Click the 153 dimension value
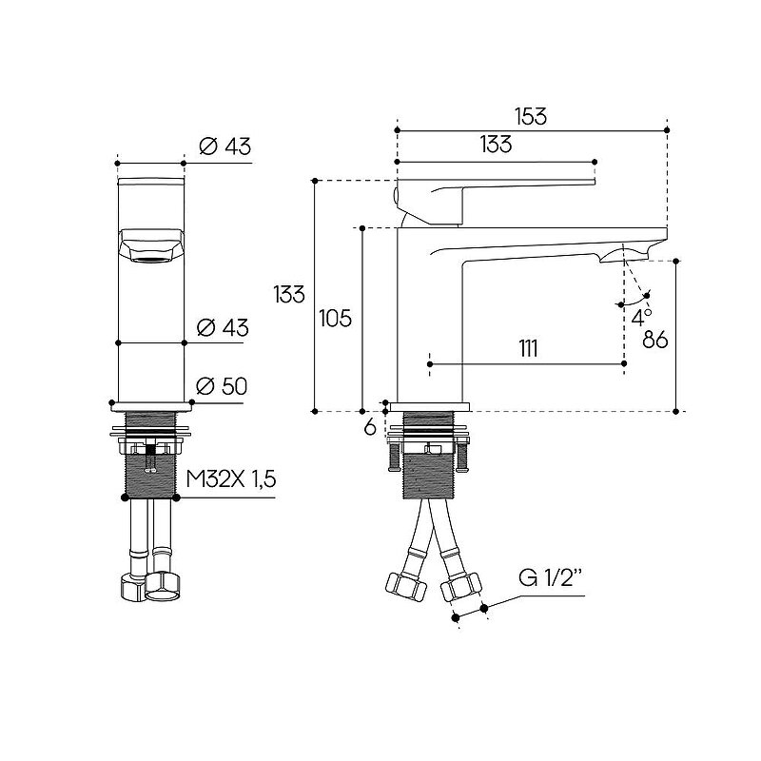point(531,116)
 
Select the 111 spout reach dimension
point(528,348)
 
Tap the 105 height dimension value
point(336,319)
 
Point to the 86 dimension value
point(655,340)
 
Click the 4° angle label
point(641,318)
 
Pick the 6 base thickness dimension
point(370,427)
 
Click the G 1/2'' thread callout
point(551,577)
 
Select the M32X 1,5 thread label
point(231,479)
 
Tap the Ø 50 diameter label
point(222,386)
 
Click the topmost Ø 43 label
point(225,146)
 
